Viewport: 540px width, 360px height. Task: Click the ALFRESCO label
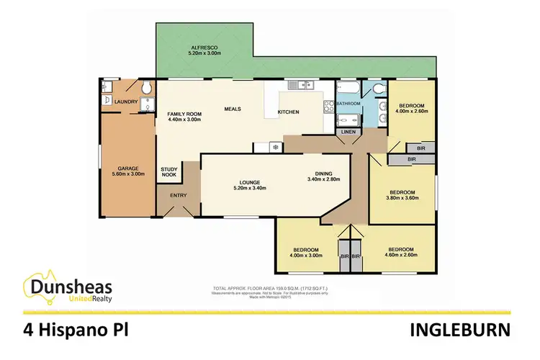(204, 47)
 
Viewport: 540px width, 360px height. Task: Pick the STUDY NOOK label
(168, 171)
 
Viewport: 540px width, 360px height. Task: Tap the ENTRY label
(177, 195)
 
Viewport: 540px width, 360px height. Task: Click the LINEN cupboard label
(348, 132)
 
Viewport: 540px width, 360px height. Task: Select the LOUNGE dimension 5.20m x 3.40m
(249, 189)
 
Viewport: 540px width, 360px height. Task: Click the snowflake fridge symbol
(274, 147)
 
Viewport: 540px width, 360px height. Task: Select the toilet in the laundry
(146, 88)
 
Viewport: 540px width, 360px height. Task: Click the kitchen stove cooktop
(328, 109)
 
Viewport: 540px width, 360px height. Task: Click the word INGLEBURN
(462, 330)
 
